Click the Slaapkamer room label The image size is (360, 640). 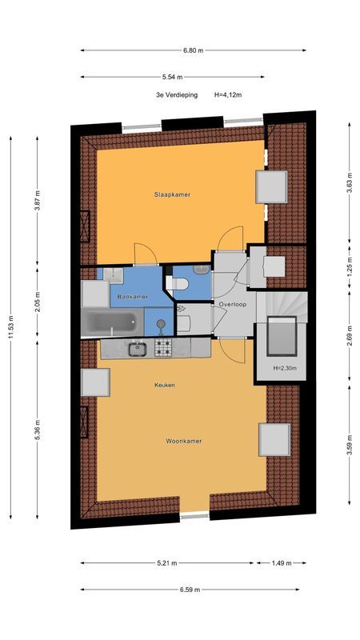coord(172,194)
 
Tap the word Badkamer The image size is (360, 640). coord(132,297)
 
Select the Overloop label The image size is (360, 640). coord(232,305)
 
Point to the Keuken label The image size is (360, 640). coord(165,385)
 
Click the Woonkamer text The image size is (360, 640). coord(184,442)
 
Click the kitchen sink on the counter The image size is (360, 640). coord(138,349)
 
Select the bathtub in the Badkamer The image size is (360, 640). coord(112,322)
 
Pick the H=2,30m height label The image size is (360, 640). coord(285,368)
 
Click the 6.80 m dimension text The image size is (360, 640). coord(193,50)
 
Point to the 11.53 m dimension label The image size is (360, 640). coord(10,328)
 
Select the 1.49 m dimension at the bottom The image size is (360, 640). coord(282,563)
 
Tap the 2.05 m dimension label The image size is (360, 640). coord(37,302)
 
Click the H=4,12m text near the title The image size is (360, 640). coord(228,94)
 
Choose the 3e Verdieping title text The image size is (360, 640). coord(177,94)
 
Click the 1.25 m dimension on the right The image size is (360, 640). coord(350,267)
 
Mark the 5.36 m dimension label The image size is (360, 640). coord(37,430)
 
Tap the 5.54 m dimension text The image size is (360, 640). coord(172,77)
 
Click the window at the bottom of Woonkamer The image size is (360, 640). coord(194,516)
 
